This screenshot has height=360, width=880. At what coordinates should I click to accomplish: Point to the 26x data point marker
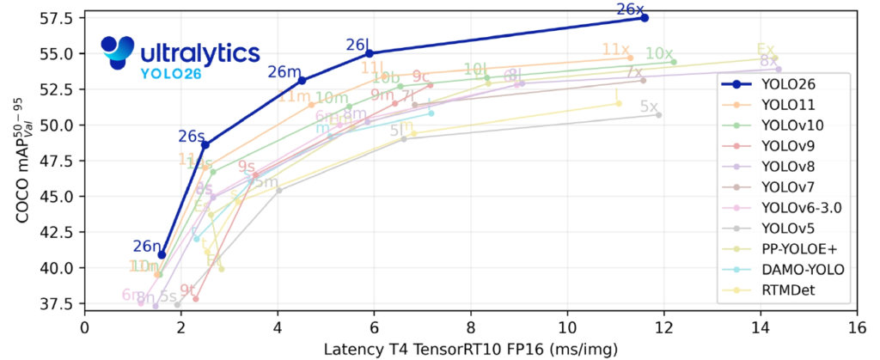point(645,17)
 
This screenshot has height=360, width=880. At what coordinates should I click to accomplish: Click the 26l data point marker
point(369,53)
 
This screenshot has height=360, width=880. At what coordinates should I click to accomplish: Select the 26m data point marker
point(302,80)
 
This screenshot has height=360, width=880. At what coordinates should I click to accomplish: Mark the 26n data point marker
point(162,255)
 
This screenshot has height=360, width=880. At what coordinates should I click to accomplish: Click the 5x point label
point(650,107)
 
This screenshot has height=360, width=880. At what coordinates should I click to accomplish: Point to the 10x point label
point(659,53)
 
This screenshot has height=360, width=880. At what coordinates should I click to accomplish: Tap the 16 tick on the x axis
point(856,328)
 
